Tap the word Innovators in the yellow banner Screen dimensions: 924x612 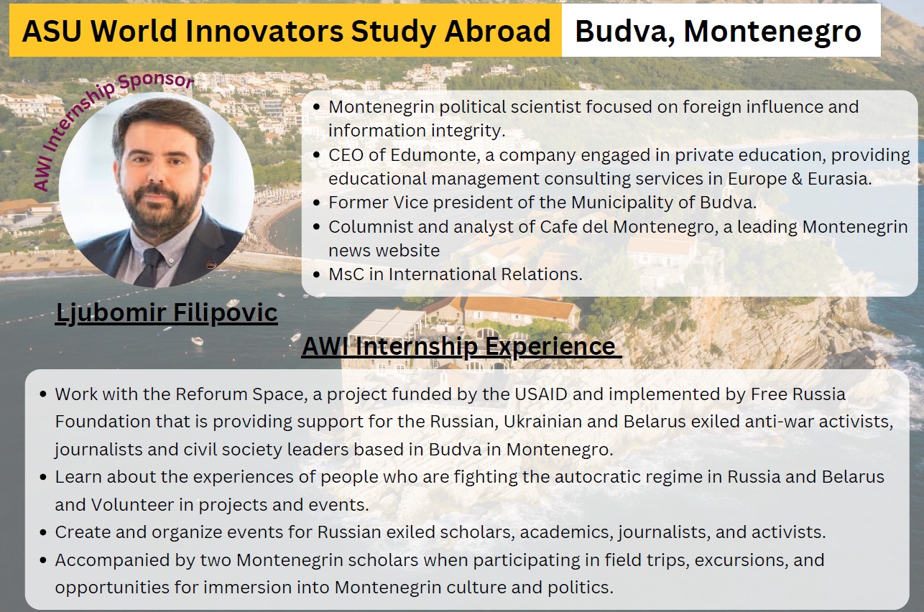click(264, 31)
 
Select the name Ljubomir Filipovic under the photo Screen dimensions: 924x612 click(166, 313)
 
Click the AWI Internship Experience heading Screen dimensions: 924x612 click(461, 346)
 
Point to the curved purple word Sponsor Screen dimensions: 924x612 click(157, 80)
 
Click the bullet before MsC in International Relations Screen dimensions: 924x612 click(316, 274)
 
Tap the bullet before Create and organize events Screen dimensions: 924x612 click(43, 533)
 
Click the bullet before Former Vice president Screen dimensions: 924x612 click(316, 203)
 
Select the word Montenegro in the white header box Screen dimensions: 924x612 click(772, 32)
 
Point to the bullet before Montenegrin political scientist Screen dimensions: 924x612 click(316, 107)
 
